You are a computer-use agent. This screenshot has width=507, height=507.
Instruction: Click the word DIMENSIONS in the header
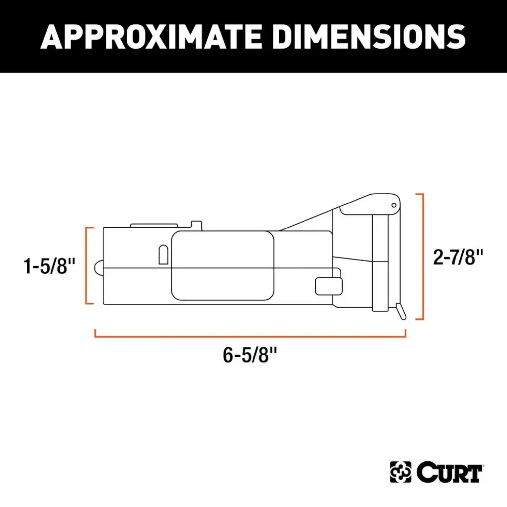[x=371, y=36]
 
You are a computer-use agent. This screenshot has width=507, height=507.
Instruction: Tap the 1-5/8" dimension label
[x=49, y=266]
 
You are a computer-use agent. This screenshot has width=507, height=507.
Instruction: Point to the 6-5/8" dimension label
[x=250, y=355]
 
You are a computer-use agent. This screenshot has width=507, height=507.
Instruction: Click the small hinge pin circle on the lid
[x=394, y=205]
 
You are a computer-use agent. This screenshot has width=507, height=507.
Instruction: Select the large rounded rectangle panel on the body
[x=223, y=265]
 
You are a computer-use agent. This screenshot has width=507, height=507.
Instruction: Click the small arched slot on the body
[x=163, y=254]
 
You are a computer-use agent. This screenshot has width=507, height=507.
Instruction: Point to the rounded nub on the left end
[x=98, y=268]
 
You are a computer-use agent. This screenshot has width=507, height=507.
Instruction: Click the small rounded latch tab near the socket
[x=329, y=286]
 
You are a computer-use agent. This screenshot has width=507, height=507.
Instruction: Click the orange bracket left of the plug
[x=87, y=266]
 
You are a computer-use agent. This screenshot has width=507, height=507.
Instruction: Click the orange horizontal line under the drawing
[x=250, y=336]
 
